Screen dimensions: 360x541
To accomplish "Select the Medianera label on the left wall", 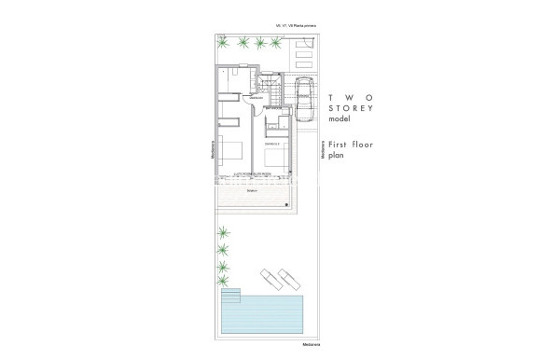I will point(213,151).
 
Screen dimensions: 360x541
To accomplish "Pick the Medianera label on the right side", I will point(322,151).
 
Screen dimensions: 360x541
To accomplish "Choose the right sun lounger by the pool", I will point(289,276).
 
